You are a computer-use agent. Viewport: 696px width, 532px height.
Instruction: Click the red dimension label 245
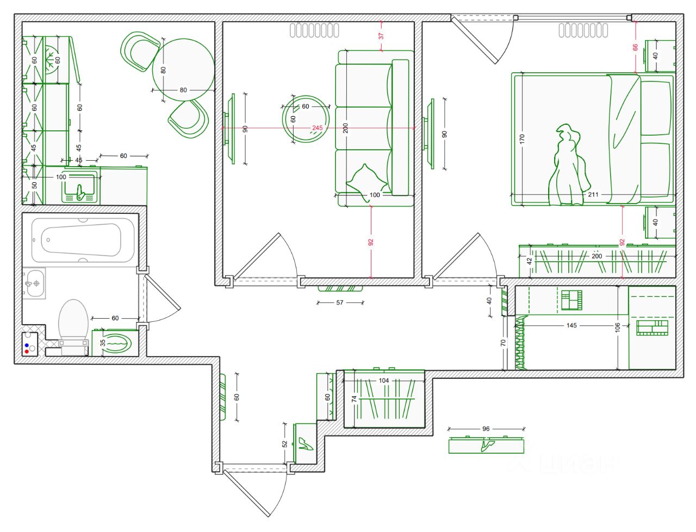pos(317,128)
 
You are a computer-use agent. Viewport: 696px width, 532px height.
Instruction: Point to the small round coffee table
pos(306,119)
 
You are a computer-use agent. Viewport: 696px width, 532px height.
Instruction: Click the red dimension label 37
pos(381,36)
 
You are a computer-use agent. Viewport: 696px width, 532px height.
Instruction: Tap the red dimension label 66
pos(635,47)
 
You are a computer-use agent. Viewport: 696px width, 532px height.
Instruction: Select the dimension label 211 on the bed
pos(593,194)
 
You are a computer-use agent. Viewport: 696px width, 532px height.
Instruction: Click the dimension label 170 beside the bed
pos(522,140)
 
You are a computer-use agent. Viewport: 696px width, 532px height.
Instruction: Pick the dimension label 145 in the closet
pos(571,326)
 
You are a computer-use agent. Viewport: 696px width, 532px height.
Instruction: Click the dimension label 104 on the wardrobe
pos(384,381)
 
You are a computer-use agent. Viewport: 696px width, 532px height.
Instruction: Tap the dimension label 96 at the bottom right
pos(486,429)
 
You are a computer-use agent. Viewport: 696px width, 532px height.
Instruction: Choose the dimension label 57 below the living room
pos(340,302)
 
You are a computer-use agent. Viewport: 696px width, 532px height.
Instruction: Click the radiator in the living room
pos(314,30)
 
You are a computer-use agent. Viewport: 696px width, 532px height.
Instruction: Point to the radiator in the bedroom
pos(583,30)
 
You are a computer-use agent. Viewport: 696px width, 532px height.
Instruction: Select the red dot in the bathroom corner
pos(27,352)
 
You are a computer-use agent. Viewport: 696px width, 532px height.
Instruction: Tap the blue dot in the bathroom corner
pos(27,345)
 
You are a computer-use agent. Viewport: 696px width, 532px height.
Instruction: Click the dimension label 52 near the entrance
pos(285,444)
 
